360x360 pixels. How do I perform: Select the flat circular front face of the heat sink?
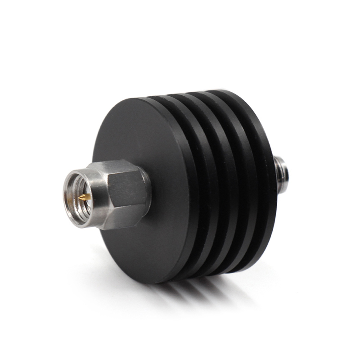[x=148, y=135]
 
